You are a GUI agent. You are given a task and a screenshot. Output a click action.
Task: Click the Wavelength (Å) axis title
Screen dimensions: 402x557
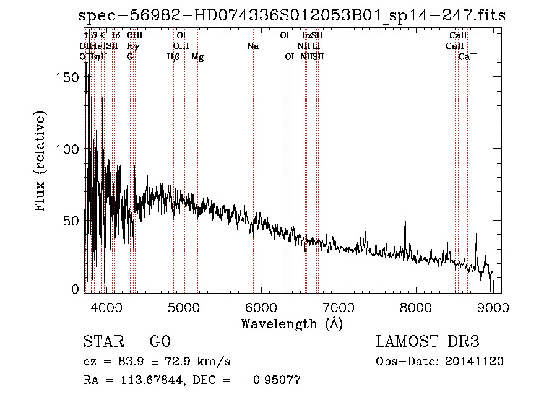[x=292, y=323]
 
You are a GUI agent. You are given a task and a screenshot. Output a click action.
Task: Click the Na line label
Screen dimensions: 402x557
[x=253, y=46]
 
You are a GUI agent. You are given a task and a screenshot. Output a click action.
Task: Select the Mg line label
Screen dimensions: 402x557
[x=197, y=57]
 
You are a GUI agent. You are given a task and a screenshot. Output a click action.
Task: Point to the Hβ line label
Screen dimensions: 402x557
[x=173, y=57]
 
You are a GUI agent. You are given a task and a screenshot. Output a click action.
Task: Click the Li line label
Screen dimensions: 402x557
[x=316, y=46]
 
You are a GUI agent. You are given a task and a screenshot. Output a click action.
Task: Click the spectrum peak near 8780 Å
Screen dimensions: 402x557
[x=477, y=235]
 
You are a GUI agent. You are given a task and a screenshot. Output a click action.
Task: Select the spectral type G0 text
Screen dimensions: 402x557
[x=160, y=342]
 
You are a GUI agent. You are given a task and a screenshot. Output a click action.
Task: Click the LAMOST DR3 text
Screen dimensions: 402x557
[x=428, y=342]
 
